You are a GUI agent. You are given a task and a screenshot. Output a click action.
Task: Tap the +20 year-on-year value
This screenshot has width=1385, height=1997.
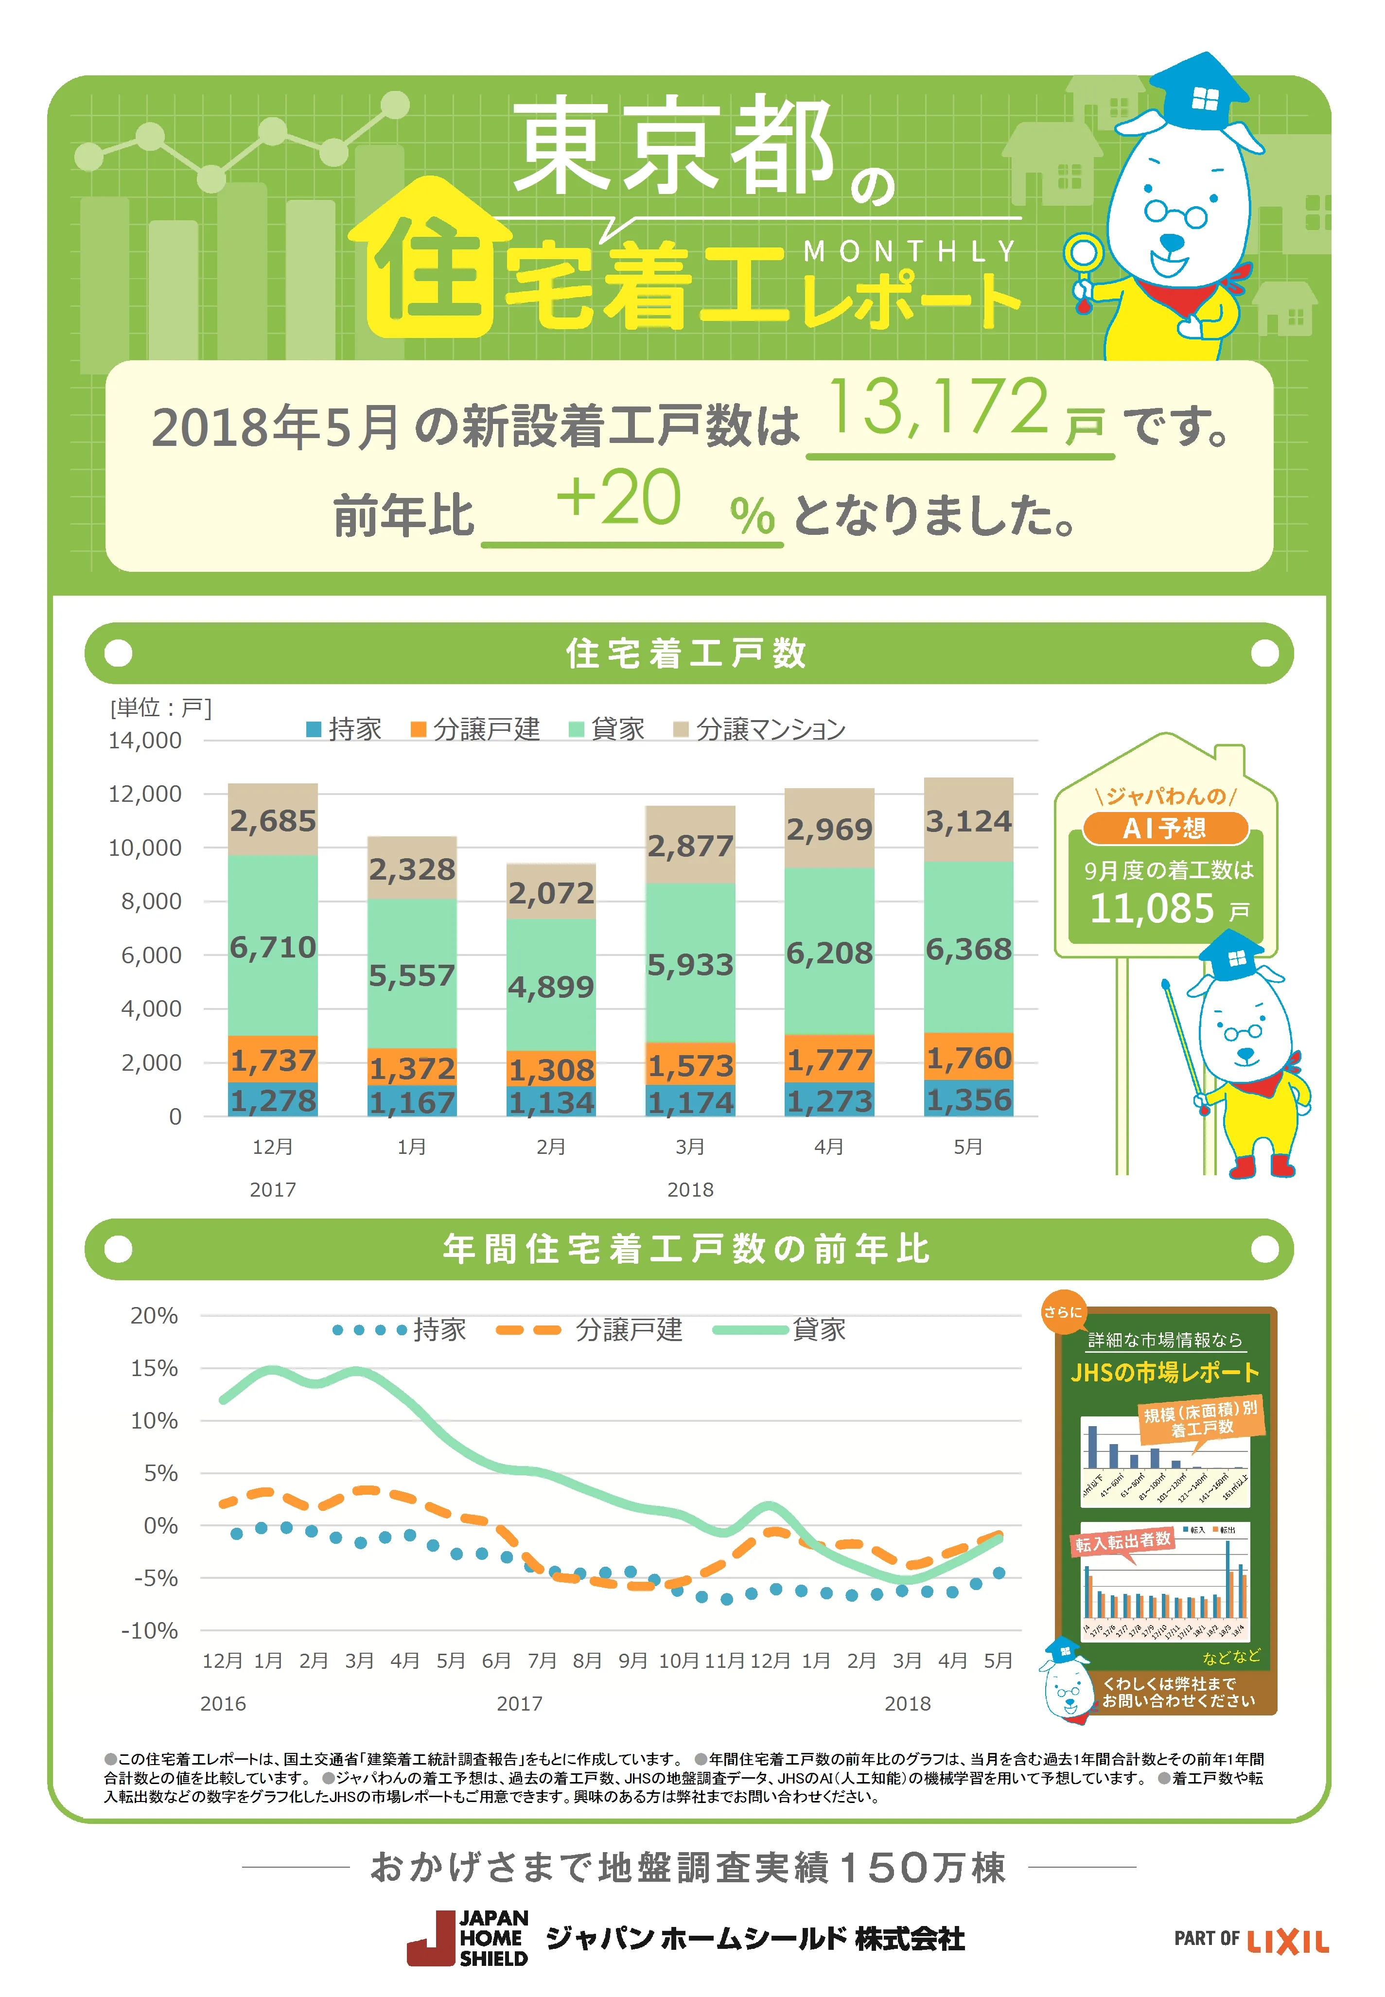(x=618, y=498)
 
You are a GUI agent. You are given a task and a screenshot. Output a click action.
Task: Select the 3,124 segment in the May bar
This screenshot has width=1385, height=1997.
(x=968, y=821)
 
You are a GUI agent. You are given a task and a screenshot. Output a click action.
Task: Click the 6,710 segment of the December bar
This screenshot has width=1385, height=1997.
(x=273, y=947)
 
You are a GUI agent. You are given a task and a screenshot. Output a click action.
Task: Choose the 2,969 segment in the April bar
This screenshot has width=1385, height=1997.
(x=829, y=830)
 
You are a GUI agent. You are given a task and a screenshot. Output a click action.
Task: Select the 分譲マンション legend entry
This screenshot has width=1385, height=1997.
(x=760, y=729)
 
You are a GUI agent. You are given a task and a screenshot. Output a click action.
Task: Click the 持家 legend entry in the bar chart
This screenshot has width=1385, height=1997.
(x=345, y=729)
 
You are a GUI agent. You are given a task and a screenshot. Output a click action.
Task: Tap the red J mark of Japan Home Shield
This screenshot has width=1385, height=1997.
(x=431, y=1939)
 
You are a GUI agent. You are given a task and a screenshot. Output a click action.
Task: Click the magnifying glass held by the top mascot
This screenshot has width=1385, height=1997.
(x=1083, y=255)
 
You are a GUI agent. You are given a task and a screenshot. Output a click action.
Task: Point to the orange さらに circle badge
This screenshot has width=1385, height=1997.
(x=1063, y=1312)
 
